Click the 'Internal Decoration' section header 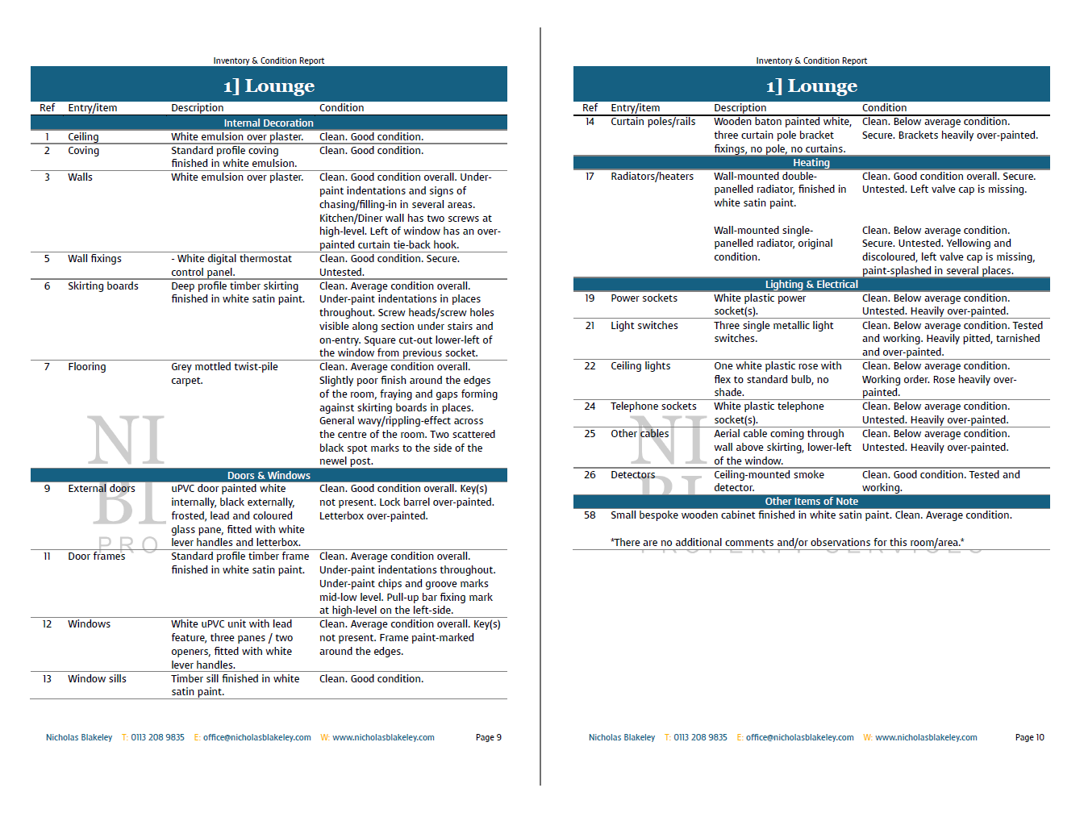269,123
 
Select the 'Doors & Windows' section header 269,476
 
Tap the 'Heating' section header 811,163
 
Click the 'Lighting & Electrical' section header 811,285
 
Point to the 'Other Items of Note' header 811,502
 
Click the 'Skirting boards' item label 103,286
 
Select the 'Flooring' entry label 87,367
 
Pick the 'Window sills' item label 97,679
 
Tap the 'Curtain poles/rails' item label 652,122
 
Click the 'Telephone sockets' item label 653,406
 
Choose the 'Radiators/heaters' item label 652,177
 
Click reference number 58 590,515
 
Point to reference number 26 590,475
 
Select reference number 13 47,679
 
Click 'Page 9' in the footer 489,737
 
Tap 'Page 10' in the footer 1029,737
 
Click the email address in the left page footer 256,737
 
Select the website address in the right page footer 926,737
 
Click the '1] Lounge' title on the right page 811,85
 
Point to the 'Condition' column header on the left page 341,108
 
